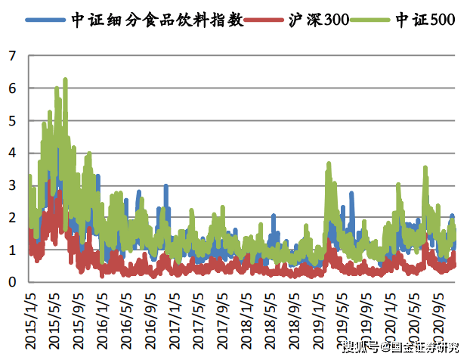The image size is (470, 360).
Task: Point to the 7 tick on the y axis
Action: [x=12, y=56]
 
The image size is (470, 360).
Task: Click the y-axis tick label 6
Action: [x=12, y=88]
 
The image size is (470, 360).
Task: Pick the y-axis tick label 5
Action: [x=12, y=121]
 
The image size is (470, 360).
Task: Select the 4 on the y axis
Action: [x=12, y=153]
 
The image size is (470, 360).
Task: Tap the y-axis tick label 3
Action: [x=12, y=185]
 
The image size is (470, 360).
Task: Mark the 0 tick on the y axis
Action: [x=12, y=282]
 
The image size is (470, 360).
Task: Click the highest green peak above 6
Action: [x=65, y=79]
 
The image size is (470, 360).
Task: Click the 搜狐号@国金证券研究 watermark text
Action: [x=401, y=348]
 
